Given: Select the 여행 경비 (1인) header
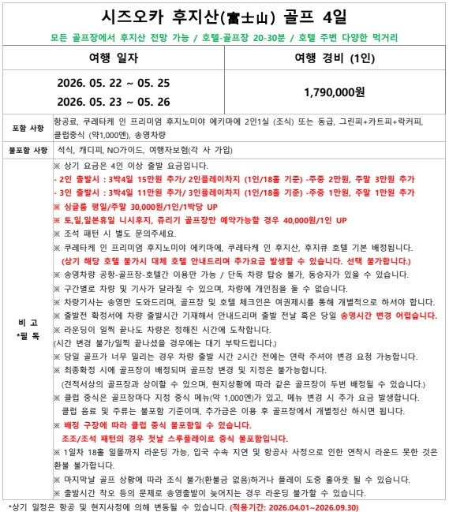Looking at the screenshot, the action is pyautogui.click(x=334, y=59).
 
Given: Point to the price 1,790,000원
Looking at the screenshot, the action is pyautogui.click(x=334, y=92).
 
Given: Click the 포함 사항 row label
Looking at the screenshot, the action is pyautogui.click(x=28, y=127).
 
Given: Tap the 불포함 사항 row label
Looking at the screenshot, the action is pyautogui.click(x=28, y=149).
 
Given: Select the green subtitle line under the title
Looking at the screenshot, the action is pyautogui.click(x=223, y=36).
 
